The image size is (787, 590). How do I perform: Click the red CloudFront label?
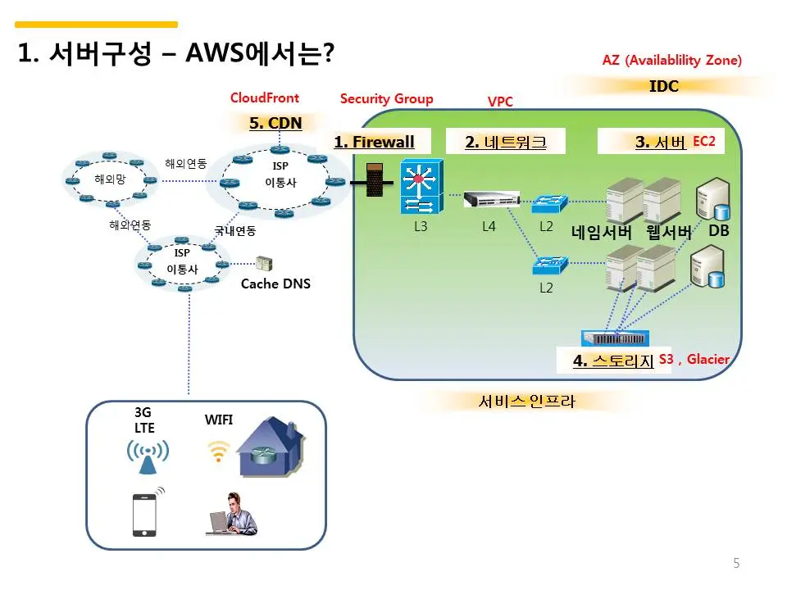(x=265, y=98)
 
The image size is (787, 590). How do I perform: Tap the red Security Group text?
(x=386, y=99)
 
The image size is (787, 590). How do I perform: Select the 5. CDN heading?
(x=275, y=123)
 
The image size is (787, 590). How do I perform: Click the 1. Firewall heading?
(x=375, y=142)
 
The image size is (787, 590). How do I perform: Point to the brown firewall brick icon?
(x=375, y=179)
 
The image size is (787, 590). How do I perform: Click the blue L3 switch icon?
(x=422, y=187)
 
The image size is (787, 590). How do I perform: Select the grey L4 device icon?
(x=491, y=199)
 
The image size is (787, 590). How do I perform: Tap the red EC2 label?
(x=703, y=141)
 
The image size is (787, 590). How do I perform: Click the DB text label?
(x=719, y=230)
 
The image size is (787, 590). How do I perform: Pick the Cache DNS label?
(x=275, y=284)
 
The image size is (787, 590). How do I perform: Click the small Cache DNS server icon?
(x=264, y=263)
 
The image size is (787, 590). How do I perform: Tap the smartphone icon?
(x=144, y=515)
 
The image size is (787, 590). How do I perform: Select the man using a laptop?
(x=232, y=514)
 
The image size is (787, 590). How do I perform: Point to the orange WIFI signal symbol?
(x=218, y=452)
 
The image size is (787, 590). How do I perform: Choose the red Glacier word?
(x=707, y=359)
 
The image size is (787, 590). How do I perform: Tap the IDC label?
(x=664, y=86)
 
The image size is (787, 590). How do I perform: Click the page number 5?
(x=736, y=563)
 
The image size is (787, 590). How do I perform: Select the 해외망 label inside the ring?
(x=110, y=179)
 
